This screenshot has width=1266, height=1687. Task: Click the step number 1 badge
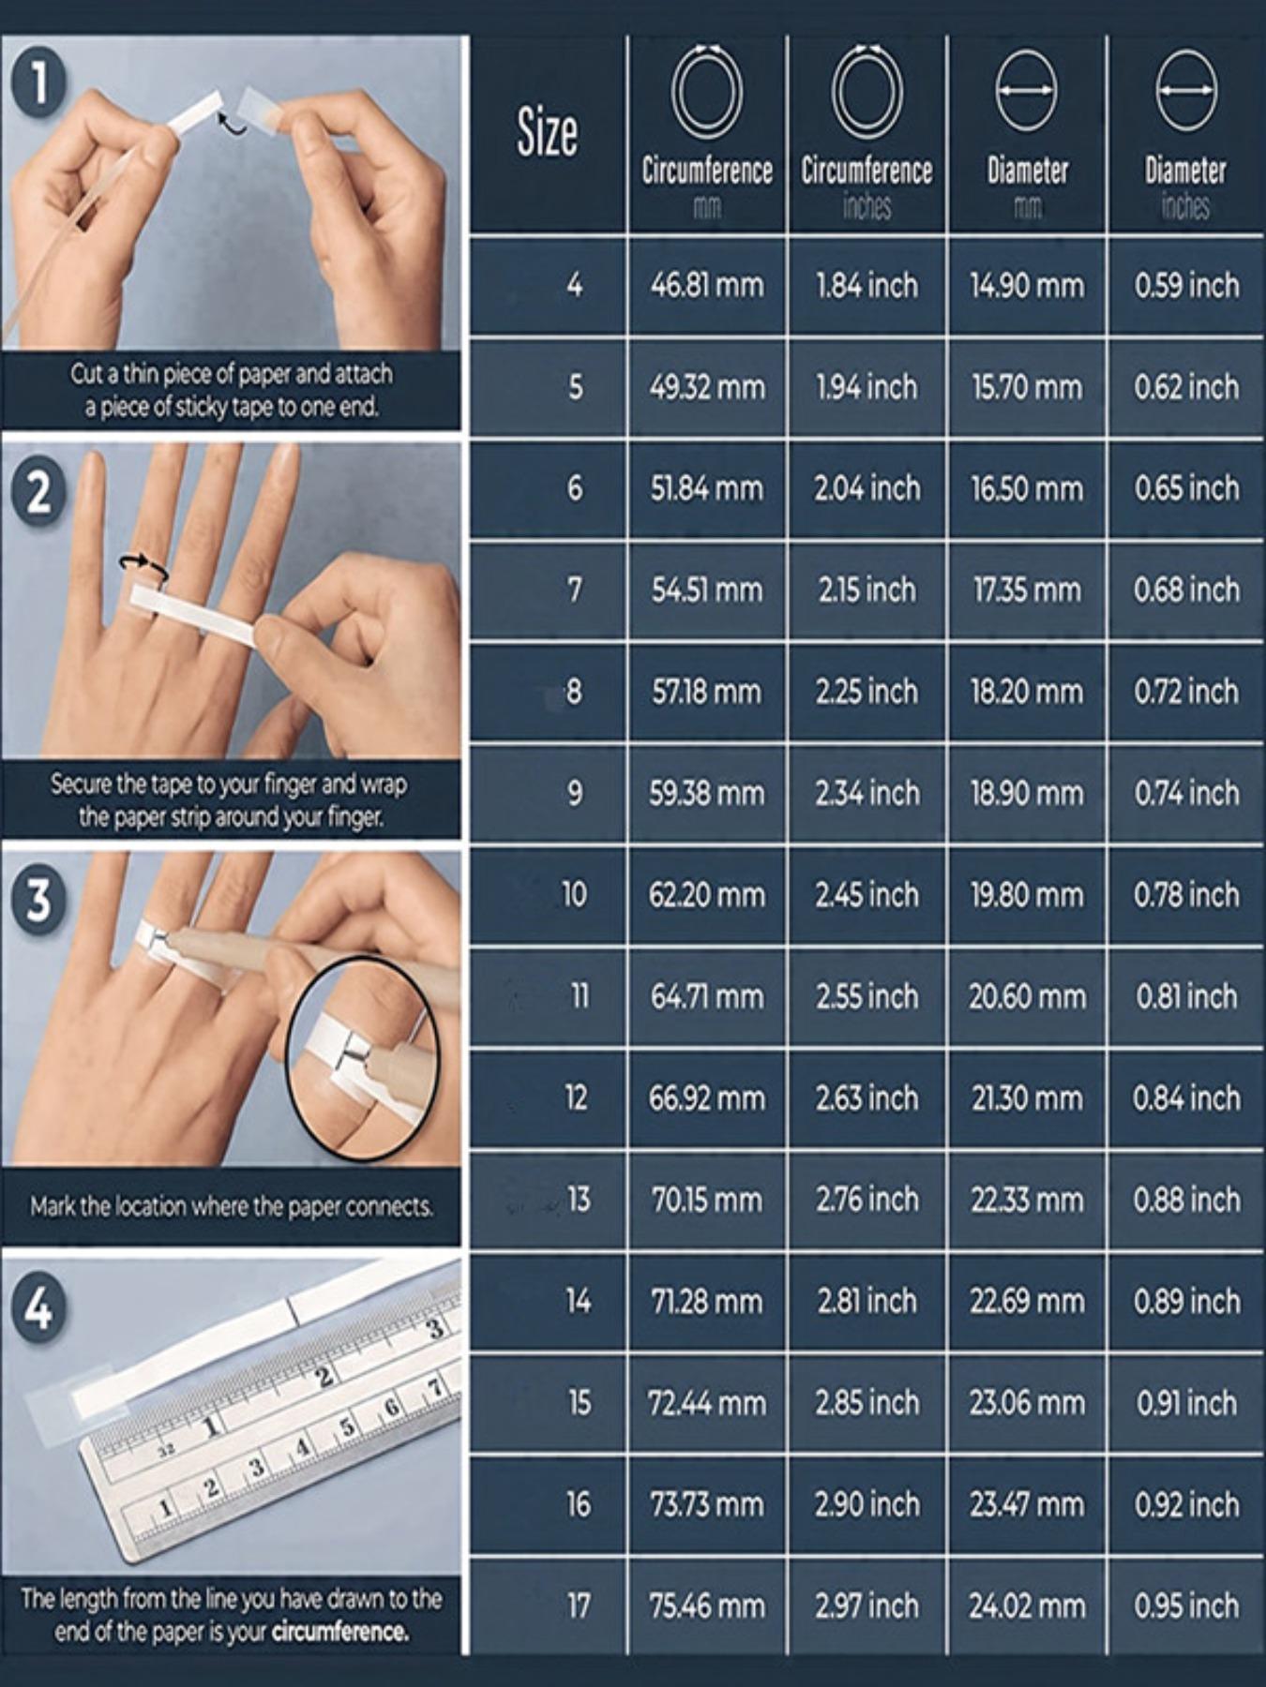click(38, 82)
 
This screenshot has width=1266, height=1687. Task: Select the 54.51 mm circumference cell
click(707, 590)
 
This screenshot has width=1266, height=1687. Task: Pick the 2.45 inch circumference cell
click(867, 895)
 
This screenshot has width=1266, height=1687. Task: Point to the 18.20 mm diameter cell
click(1026, 692)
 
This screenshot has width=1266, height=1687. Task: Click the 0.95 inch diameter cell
click(1186, 1606)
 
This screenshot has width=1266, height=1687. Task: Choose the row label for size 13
click(579, 1200)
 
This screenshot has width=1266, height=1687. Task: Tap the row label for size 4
click(575, 285)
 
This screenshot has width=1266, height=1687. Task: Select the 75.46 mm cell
click(707, 1606)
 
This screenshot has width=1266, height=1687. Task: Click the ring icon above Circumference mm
click(707, 91)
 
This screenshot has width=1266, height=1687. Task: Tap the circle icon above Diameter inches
click(1186, 91)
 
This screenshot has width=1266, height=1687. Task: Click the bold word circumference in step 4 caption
click(339, 1632)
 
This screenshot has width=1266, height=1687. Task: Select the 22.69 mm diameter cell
click(1026, 1302)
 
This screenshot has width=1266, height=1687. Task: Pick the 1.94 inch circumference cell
click(867, 387)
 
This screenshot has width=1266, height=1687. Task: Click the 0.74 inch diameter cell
click(1186, 794)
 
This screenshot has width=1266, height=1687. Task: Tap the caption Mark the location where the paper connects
click(232, 1206)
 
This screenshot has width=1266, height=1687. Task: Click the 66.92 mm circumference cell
click(707, 1098)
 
